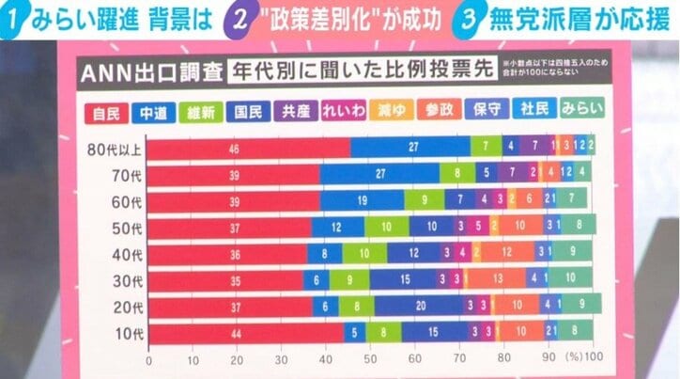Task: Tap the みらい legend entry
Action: point(580,110)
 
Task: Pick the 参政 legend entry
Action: point(438,110)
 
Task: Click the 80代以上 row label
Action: point(112,148)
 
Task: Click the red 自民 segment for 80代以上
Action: point(249,148)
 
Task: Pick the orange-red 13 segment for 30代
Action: point(496,279)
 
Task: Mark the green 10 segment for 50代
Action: point(387,227)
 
